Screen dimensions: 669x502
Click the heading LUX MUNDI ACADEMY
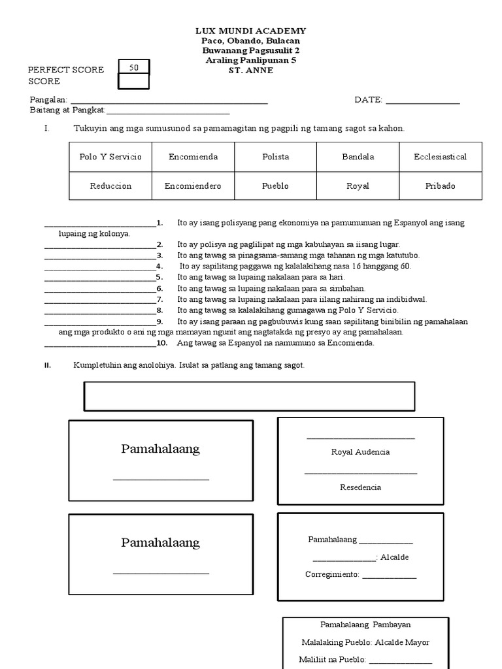click(x=251, y=31)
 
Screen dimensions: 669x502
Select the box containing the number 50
click(x=134, y=67)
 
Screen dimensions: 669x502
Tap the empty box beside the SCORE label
click(x=134, y=81)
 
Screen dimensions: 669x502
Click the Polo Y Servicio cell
click(x=110, y=157)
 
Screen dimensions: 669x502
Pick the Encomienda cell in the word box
click(x=193, y=157)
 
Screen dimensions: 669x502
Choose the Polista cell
click(x=275, y=157)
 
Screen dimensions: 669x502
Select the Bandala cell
click(x=358, y=157)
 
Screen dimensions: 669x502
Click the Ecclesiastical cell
click(x=440, y=157)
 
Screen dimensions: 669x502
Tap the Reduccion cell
click(x=110, y=186)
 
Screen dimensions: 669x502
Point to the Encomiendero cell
click(x=193, y=186)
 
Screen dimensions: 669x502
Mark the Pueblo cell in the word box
click(x=275, y=186)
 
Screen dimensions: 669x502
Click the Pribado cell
click(x=440, y=186)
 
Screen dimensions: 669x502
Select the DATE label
click(x=368, y=99)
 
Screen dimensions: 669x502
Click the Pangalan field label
click(x=49, y=99)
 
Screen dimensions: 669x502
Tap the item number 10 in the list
click(x=162, y=342)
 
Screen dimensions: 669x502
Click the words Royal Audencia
click(x=360, y=451)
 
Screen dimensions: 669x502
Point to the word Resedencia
click(x=360, y=487)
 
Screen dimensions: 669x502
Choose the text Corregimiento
click(x=332, y=574)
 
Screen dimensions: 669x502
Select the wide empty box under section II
click(x=249, y=396)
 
